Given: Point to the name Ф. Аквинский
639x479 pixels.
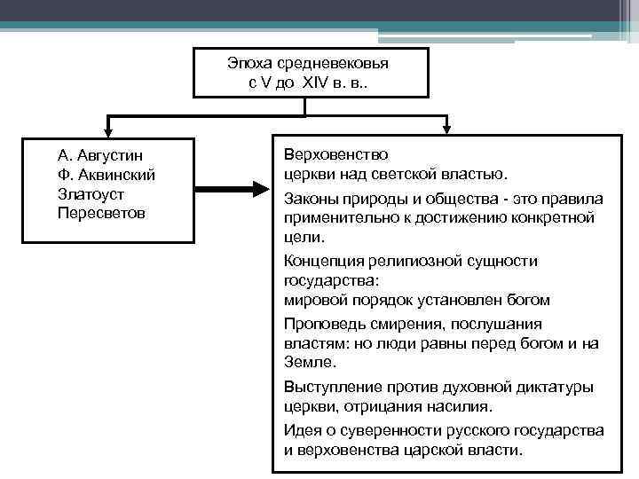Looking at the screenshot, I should (x=106, y=174).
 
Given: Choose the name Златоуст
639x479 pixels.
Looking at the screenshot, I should (x=90, y=193).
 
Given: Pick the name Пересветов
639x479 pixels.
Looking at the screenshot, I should (x=99, y=213).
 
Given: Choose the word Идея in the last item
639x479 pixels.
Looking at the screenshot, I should (x=303, y=430).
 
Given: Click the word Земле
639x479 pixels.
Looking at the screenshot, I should (x=309, y=363).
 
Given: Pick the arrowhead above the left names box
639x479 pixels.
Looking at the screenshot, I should (x=109, y=128).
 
